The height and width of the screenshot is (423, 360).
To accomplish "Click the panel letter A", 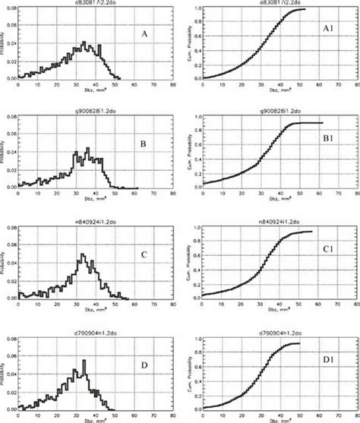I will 144,34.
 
